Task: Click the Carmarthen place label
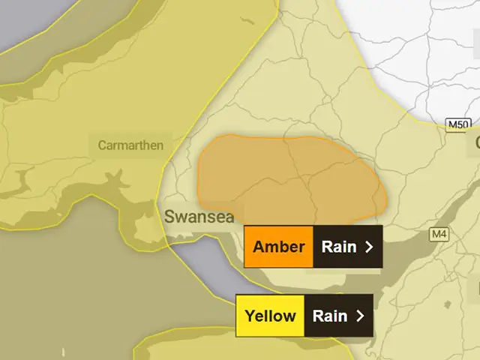(x=130, y=145)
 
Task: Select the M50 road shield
(x=457, y=124)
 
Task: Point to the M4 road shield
(x=439, y=235)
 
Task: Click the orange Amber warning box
(x=279, y=247)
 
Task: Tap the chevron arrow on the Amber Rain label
(x=368, y=247)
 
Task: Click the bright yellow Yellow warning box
(x=270, y=316)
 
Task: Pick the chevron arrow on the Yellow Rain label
(x=361, y=316)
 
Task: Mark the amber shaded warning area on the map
(x=292, y=176)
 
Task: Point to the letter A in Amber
(x=258, y=247)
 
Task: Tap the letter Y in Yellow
(x=249, y=316)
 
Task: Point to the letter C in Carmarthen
(x=102, y=145)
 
